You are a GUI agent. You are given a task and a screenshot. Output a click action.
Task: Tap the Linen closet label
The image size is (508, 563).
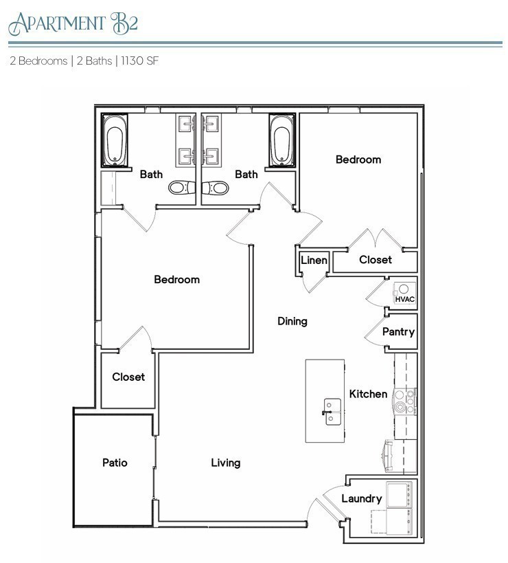[314, 261]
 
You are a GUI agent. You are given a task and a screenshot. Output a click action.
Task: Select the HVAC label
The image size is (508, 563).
[405, 300]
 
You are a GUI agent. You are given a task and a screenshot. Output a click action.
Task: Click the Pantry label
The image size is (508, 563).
[398, 332]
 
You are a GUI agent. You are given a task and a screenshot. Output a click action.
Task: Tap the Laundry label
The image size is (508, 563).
[361, 498]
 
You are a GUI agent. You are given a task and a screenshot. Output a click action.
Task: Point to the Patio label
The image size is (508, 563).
[115, 463]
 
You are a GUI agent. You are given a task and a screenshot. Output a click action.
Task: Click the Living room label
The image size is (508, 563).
[225, 463]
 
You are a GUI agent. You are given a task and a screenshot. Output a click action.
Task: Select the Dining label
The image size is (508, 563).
[292, 321]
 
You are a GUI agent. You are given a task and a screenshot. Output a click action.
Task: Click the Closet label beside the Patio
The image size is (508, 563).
[128, 377]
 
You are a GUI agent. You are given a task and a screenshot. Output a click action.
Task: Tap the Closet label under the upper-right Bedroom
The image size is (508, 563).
[376, 260]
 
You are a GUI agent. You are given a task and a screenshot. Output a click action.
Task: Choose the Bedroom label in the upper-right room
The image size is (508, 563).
[358, 159]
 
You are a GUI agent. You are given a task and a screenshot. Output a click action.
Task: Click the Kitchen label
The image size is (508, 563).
[369, 394]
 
